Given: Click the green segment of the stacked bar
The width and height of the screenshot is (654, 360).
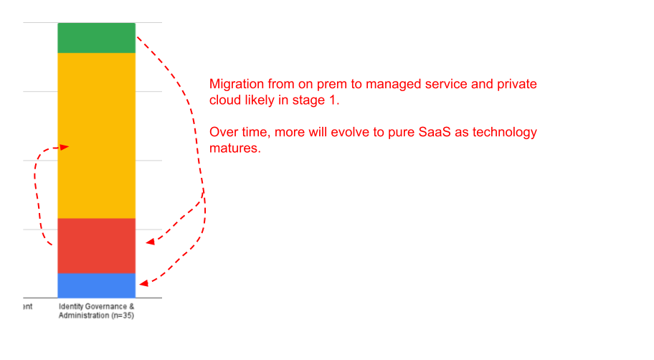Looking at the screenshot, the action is coord(96,38).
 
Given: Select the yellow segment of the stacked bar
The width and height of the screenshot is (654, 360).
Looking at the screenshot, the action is coord(96,136).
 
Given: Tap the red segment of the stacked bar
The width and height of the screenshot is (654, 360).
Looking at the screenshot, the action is coord(96,246).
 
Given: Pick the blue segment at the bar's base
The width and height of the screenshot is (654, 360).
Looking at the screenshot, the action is coord(96,285).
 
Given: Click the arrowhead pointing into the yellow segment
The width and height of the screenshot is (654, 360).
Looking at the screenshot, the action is coord(64,147).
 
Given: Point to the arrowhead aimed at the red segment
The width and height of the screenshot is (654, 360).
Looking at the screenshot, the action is coord(150,242).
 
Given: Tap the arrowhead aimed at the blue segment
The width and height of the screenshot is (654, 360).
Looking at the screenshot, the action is coord(144,283).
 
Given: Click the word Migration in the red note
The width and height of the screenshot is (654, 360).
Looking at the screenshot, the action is coord(237,85).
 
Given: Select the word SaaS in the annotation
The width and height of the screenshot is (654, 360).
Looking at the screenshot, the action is coord(434,132).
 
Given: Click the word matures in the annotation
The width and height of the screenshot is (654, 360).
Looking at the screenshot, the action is coord(234,148).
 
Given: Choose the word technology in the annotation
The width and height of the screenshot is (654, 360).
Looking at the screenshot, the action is coord(505,133).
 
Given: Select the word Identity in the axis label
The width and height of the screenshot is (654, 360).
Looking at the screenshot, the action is coord(70,307).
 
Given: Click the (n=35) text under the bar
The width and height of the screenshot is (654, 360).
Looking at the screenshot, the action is coord(123,316).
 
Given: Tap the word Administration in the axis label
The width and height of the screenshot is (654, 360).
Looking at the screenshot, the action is coord(84,316).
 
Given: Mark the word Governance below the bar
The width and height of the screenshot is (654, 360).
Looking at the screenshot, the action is coord(106,306).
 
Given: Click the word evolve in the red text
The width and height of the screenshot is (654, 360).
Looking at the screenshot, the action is coord(350,132).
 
